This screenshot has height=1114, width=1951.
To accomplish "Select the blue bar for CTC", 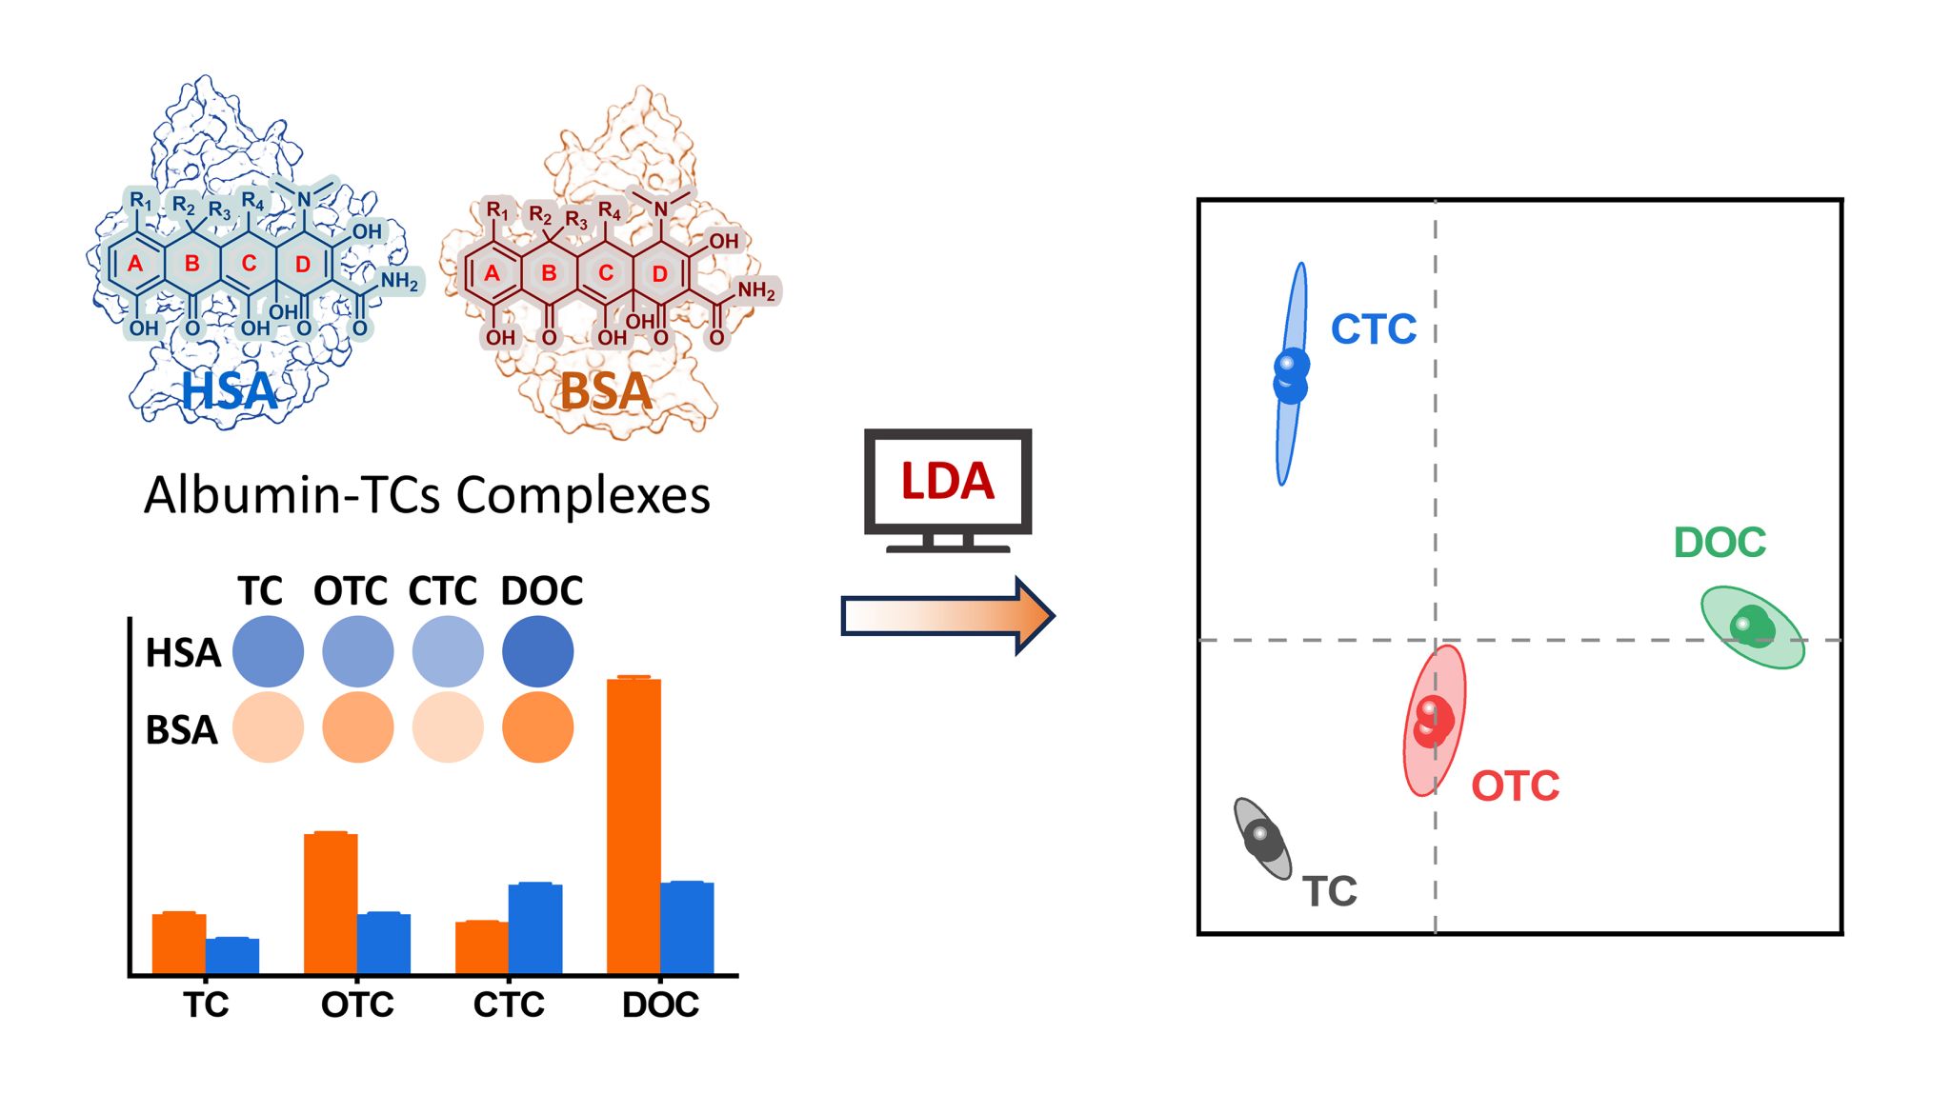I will [x=535, y=927].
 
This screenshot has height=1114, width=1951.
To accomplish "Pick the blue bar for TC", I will [x=232, y=955].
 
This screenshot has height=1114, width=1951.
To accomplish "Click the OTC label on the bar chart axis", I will [x=357, y=1005].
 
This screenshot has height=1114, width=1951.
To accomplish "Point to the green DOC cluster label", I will [x=1720, y=543].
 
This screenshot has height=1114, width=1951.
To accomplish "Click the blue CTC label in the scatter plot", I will [x=1373, y=329].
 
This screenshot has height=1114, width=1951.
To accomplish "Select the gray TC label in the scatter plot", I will [x=1329, y=891].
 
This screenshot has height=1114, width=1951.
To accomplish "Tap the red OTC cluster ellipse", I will [x=1435, y=721].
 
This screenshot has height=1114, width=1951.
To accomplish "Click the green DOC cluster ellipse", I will [x=1753, y=627].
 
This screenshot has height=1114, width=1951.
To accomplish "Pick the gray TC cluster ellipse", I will [x=1262, y=838].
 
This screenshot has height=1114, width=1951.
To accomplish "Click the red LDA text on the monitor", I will [x=947, y=481].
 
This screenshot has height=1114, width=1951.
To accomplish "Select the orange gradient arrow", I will [x=947, y=616].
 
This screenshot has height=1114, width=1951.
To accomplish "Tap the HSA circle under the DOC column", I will [x=537, y=651].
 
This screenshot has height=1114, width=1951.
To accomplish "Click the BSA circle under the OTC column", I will [x=358, y=727].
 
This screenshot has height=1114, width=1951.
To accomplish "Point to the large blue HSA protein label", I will [x=230, y=391].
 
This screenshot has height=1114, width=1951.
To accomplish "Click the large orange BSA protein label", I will [x=606, y=391].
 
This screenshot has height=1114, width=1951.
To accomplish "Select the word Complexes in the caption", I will [x=583, y=495].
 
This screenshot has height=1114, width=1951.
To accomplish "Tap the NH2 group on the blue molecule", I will [x=399, y=281].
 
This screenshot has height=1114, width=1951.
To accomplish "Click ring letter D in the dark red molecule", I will [x=659, y=274].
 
